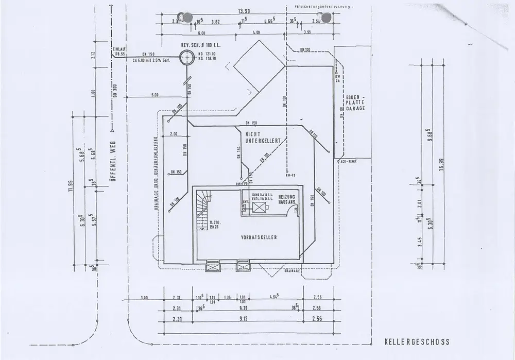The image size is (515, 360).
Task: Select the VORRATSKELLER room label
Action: click(259, 237)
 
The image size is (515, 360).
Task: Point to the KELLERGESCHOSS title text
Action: click(417, 341)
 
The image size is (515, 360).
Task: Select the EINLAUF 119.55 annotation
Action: click(119, 51)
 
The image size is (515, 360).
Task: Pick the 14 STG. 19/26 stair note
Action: click(215, 225)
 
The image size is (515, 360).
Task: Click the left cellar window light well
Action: click(213, 266)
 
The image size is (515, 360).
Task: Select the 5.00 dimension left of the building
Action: click(154, 95)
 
